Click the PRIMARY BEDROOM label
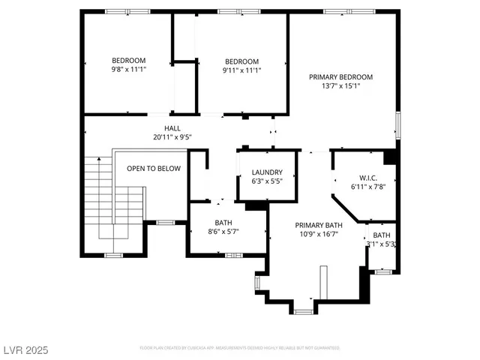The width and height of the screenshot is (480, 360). point(341,76)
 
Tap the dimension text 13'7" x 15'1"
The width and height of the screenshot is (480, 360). point(341,85)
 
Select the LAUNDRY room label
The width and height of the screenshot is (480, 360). point(266,172)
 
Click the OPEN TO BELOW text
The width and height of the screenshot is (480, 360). point(154,169)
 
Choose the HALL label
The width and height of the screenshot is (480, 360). point(172,128)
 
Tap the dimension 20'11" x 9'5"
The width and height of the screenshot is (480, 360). point(172,137)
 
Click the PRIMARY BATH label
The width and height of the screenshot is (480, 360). point(318,225)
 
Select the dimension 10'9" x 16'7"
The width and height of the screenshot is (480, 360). point(318,234)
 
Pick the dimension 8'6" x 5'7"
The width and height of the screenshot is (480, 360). point(223,232)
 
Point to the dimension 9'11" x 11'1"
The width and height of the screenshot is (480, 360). point(241,70)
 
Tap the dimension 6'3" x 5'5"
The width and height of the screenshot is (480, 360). point(266,181)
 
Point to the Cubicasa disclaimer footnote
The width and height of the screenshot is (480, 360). point(240,348)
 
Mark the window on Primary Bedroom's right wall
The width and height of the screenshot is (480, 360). point(398,124)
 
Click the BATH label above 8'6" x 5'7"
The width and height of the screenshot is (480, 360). point(223,223)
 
